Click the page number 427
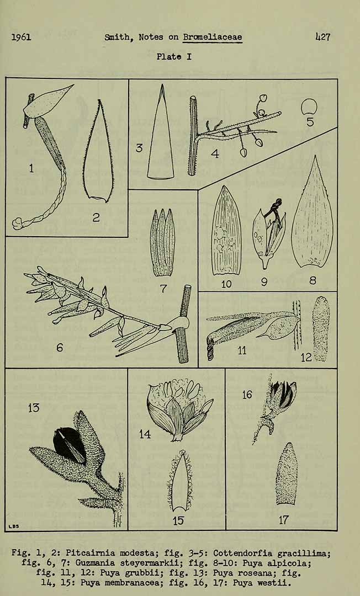[x=323, y=37]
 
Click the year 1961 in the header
[x=21, y=38]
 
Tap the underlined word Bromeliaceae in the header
[x=213, y=38]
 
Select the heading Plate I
[x=174, y=57]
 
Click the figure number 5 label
[x=310, y=121]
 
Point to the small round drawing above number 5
[x=309, y=107]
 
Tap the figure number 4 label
[x=215, y=153]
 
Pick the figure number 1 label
[x=31, y=168]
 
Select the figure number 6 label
[x=60, y=348]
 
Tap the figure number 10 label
[x=226, y=284]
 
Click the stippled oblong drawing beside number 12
[x=321, y=329]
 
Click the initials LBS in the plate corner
[x=14, y=526]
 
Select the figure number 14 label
[x=145, y=434]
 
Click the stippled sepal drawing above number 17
[x=286, y=473]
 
